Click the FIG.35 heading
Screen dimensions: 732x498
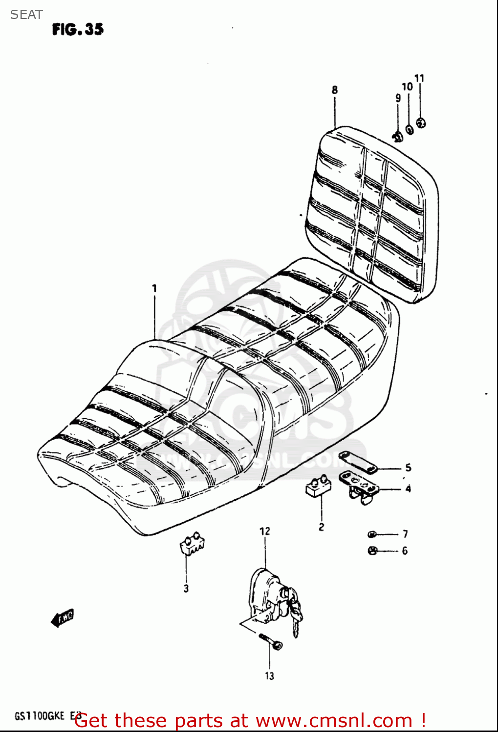[x=78, y=30]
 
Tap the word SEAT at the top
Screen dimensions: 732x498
[x=26, y=15]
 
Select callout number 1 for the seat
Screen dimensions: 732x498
[x=154, y=288]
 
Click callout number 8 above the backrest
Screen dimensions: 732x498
[x=335, y=90]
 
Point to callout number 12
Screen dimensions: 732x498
[x=264, y=531]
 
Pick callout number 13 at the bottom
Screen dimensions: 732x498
[x=269, y=676]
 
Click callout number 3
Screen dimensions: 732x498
[x=186, y=589]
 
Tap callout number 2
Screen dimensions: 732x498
[x=321, y=527]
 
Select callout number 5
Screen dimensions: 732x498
[x=408, y=468]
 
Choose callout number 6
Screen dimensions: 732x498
[x=405, y=550]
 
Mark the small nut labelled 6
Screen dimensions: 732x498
[x=372, y=550]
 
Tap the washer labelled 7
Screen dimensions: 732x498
[x=372, y=534]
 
